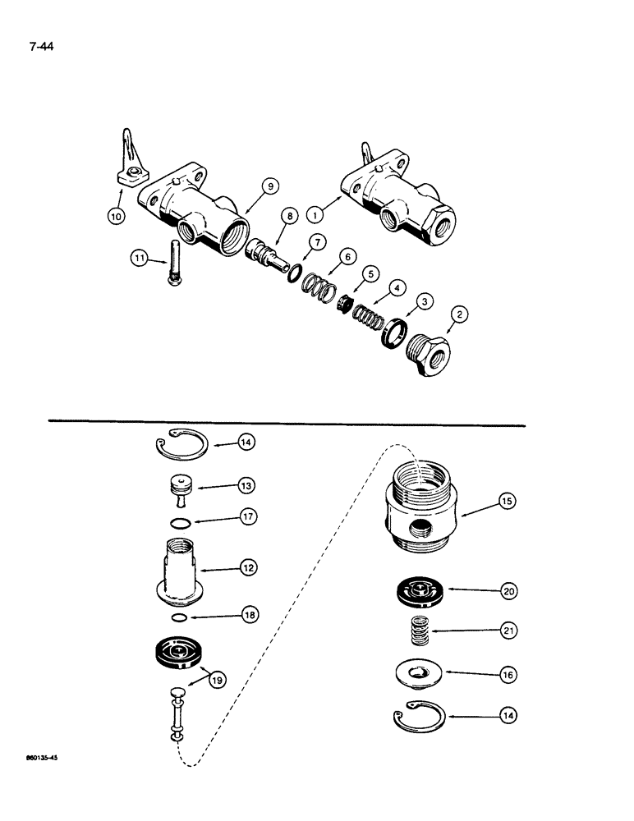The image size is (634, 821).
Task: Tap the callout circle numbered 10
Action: (115, 216)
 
